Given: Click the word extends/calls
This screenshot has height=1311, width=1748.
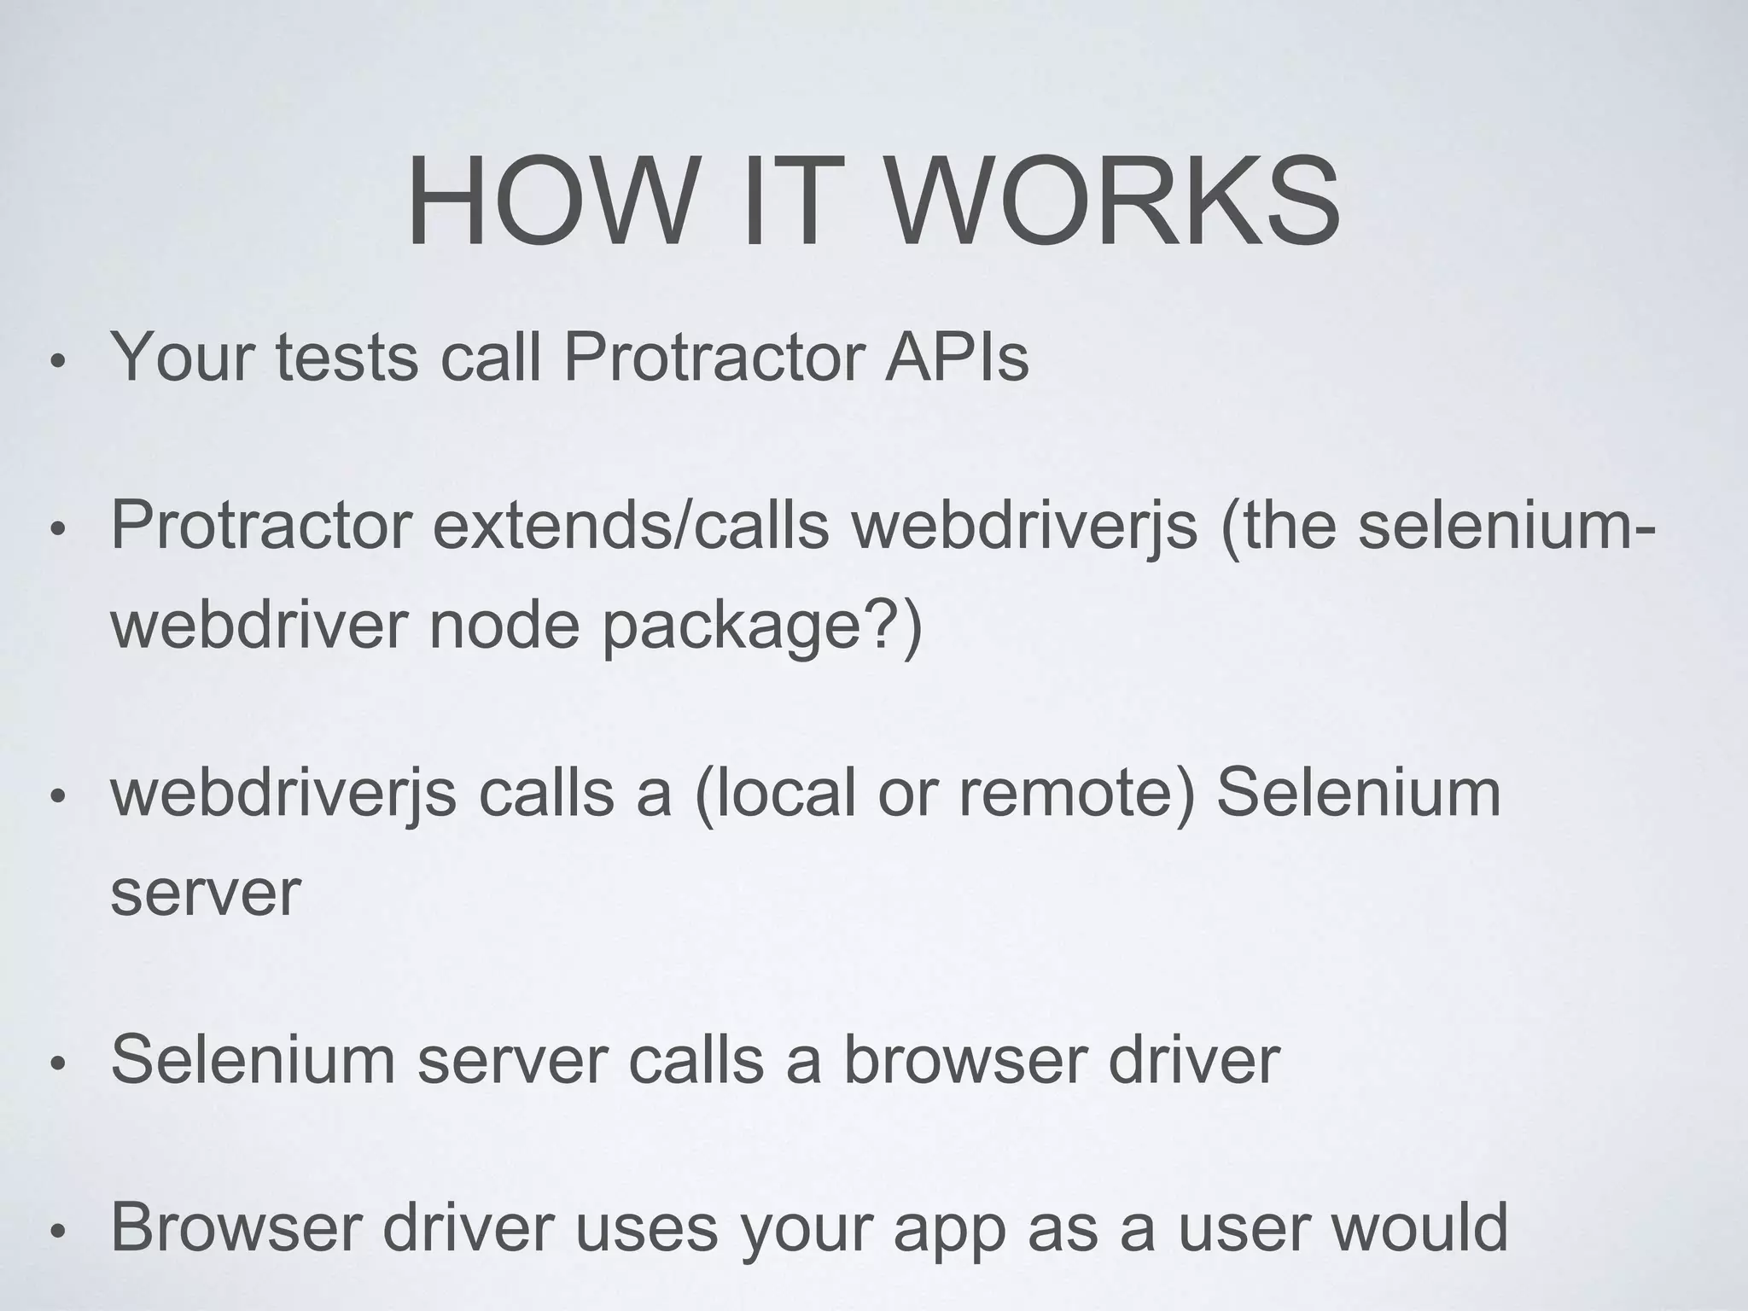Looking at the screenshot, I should (631, 526).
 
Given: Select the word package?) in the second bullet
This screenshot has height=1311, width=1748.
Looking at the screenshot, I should (762, 626).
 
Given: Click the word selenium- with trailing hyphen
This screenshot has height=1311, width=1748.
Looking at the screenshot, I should (1507, 526).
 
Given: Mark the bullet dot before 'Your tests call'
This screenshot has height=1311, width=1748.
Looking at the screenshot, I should (57, 362).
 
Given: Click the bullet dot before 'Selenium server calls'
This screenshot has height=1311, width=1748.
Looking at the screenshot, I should (57, 1064).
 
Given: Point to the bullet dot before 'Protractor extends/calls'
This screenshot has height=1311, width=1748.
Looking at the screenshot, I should (57, 530).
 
